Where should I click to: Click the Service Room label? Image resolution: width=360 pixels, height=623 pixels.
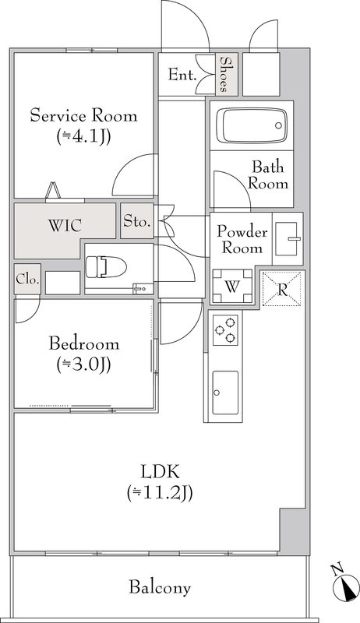coord(84,115)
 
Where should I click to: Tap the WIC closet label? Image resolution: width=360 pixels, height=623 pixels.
coord(65,225)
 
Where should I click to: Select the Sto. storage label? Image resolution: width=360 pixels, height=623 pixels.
coord(136,221)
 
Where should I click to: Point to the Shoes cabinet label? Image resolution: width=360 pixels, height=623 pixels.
coord(225,74)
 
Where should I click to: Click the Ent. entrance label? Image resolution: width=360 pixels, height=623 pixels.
coord(182,74)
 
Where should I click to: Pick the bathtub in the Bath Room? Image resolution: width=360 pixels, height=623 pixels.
coord(255,125)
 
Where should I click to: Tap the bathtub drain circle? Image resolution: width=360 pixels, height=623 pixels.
coord(278,125)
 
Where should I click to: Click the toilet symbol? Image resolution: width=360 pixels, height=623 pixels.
coord(106,266)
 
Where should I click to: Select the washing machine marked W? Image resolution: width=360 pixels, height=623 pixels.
coord(232,286)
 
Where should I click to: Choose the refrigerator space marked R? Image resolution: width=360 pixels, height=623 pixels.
coord(282,289)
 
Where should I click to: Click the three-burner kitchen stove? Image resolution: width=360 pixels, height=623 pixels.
coord(225,329)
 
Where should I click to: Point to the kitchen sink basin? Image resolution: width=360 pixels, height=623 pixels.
coord(225,392)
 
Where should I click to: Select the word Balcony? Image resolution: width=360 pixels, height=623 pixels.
coord(160,587)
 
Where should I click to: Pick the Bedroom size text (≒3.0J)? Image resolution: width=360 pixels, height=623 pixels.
coord(83,364)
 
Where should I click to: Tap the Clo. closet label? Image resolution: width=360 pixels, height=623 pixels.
coord(27,279)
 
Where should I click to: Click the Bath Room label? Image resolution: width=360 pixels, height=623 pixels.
coord(268,175)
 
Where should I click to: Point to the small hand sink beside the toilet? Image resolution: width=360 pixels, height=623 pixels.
coord(142,288)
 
